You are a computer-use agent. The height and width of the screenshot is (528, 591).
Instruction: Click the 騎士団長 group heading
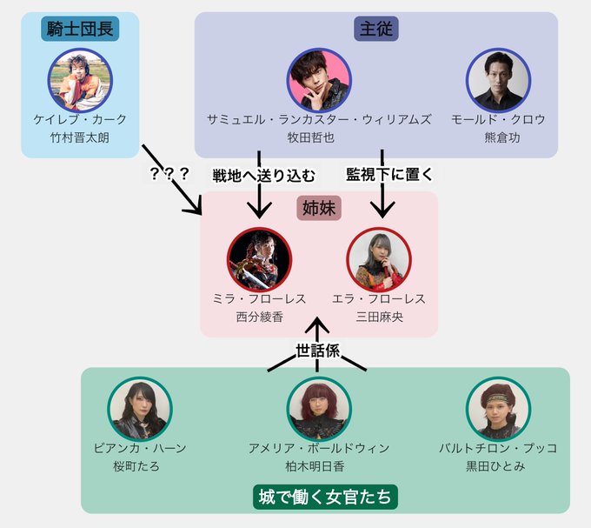pyautogui.click(x=80, y=30)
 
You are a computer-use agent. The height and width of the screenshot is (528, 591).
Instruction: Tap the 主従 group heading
pyautogui.click(x=376, y=29)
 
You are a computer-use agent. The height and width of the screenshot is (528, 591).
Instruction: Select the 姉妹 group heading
pyautogui.click(x=320, y=209)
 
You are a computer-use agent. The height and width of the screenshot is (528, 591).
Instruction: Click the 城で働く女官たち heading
pyautogui.click(x=326, y=497)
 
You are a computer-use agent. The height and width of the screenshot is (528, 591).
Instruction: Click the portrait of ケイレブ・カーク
pyautogui.click(x=80, y=78)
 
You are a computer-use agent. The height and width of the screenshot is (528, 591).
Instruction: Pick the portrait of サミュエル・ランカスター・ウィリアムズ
pyautogui.click(x=319, y=79)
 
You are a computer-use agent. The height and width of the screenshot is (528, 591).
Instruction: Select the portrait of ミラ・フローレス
pyautogui.click(x=260, y=259)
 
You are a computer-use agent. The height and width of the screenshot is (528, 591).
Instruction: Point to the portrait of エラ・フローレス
pyautogui.click(x=378, y=259)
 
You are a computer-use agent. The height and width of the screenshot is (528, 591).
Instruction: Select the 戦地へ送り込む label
pyautogui.click(x=263, y=174)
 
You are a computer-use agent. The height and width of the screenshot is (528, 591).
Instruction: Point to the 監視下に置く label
pyautogui.click(x=389, y=174)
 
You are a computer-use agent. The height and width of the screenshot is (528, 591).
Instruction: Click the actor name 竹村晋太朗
pyautogui.click(x=80, y=137)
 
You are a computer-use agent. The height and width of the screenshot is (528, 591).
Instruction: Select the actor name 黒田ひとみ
pyautogui.click(x=498, y=466)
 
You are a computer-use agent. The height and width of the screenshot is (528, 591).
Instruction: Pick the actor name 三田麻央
pyautogui.click(x=379, y=317)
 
